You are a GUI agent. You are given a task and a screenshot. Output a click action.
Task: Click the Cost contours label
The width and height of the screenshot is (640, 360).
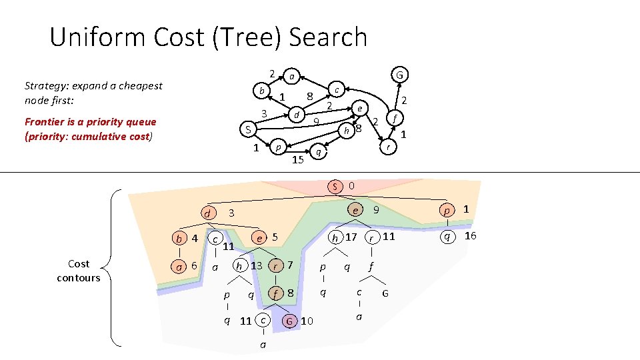click(78, 271)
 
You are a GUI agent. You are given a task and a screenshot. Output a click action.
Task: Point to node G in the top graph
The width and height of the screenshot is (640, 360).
click(399, 74)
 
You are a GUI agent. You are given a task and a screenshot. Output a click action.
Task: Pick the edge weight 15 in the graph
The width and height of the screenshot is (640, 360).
click(298, 159)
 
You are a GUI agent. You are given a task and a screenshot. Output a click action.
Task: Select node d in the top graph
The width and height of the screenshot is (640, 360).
click(295, 115)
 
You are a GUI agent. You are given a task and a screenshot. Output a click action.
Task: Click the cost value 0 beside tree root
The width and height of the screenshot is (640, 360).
click(351, 185)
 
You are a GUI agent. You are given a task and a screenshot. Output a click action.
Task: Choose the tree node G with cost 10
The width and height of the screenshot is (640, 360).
click(289, 321)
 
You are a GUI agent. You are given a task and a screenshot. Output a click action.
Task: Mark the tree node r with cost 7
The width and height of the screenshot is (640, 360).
click(276, 265)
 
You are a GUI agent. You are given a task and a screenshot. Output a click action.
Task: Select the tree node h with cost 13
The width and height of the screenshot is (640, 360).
click(239, 265)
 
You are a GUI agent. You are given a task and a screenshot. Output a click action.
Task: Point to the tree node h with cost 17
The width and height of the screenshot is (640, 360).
click(336, 237)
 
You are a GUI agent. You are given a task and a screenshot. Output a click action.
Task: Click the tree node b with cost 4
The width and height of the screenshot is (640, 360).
click(178, 238)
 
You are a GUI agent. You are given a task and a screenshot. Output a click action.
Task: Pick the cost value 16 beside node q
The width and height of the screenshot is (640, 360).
click(470, 236)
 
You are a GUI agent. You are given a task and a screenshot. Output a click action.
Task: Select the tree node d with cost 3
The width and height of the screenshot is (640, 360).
click(208, 213)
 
